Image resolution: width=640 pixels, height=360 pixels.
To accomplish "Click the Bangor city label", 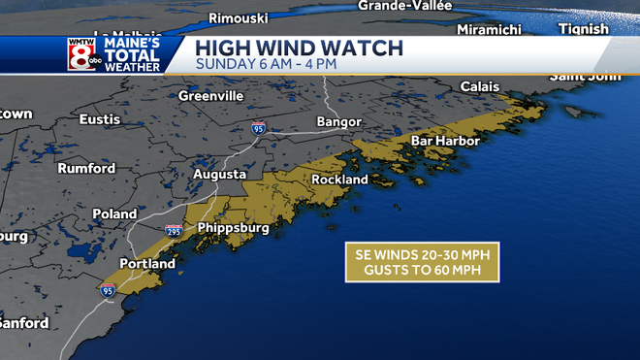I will click(x=338, y=122).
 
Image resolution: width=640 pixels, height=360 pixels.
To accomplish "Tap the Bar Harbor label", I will click(x=445, y=141).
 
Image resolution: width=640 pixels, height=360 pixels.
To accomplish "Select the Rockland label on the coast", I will click(x=339, y=180).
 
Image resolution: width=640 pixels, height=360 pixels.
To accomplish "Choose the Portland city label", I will click(x=147, y=263).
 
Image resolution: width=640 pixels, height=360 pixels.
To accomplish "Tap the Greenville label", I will click(x=209, y=96).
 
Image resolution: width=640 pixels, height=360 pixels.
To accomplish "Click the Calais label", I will click(x=480, y=86).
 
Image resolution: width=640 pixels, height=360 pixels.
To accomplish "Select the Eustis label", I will click(x=101, y=119).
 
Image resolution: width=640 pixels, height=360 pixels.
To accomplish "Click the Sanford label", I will click(x=21, y=322).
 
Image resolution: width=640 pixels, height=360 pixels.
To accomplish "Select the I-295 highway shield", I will click(x=173, y=230).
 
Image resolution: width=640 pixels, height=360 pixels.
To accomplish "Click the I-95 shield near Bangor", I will click(x=258, y=127).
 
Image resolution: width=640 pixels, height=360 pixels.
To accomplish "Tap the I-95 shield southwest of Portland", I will click(x=107, y=289).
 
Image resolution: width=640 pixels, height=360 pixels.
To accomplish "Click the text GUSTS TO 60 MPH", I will click(x=422, y=269).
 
